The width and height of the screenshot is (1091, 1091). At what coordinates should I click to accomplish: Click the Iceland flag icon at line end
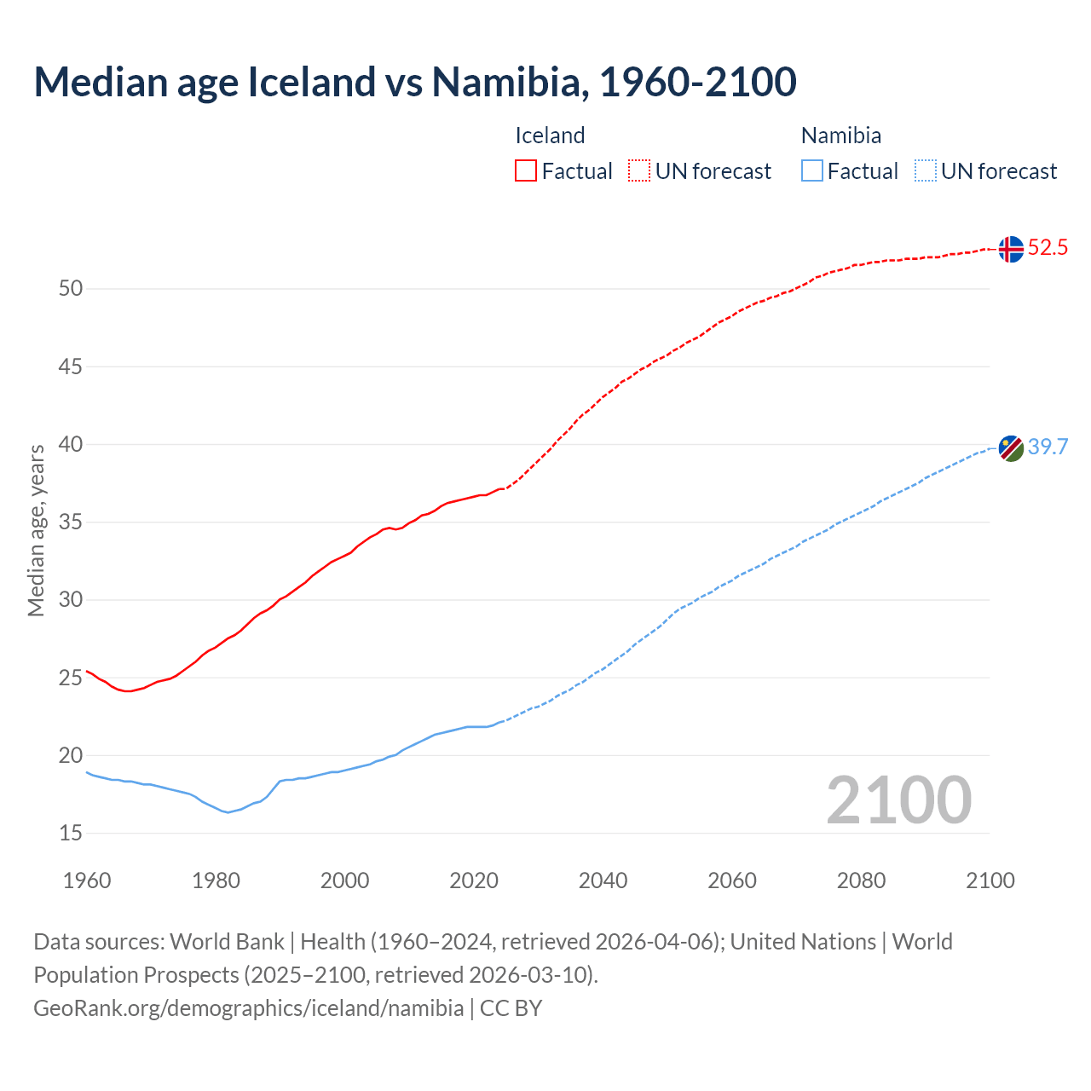tap(1011, 249)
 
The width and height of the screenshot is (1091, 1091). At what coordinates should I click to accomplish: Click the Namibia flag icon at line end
tap(1011, 448)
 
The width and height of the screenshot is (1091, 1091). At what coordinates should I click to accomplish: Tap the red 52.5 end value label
tap(1048, 248)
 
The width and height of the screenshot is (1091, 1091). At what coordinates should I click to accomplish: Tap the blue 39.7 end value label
tap(1048, 447)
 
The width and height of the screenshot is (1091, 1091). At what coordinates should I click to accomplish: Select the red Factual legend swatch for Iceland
tap(526, 171)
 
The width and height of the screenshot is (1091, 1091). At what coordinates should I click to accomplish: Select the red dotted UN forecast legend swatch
tap(639, 171)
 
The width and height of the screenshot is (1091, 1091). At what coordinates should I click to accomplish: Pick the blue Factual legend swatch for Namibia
tap(812, 171)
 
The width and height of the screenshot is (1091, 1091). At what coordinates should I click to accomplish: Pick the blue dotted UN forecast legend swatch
tap(925, 171)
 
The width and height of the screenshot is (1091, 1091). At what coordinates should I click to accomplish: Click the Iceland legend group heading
tap(550, 136)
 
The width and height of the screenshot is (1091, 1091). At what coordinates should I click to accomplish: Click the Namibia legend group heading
tap(840, 136)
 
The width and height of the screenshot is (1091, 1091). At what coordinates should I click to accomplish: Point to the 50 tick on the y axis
tap(71, 289)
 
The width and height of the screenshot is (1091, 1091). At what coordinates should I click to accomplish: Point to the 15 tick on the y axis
tap(71, 833)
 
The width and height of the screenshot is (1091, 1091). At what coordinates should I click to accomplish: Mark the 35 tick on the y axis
tap(71, 522)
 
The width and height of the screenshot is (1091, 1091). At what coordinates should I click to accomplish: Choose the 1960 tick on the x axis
tap(87, 880)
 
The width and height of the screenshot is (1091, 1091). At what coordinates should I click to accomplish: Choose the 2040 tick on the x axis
tap(603, 880)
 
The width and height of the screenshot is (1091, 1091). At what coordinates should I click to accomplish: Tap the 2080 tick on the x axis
tap(861, 880)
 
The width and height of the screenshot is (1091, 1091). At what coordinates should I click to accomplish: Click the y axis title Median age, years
tap(36, 530)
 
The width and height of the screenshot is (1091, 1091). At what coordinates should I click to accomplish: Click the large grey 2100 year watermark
tap(898, 799)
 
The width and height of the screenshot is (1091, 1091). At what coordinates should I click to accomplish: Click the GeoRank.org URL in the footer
tap(248, 1008)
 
